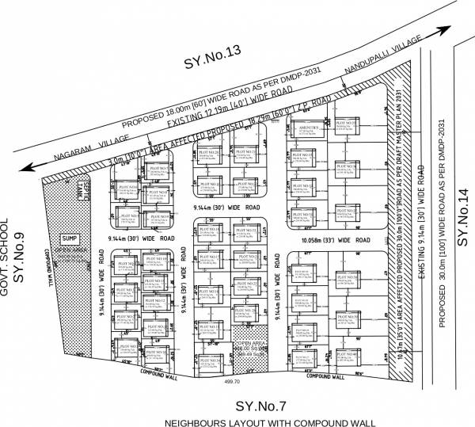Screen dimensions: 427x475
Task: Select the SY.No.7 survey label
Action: [x=258, y=406]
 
